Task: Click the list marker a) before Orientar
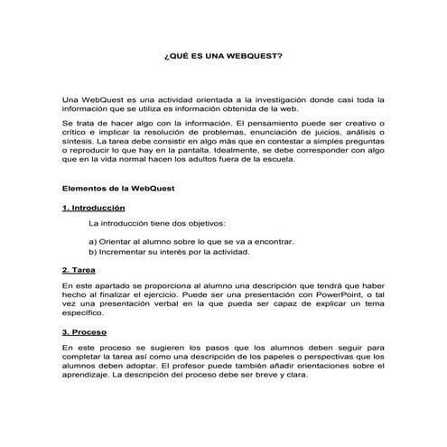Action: [93, 242]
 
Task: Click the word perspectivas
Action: [319, 356]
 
